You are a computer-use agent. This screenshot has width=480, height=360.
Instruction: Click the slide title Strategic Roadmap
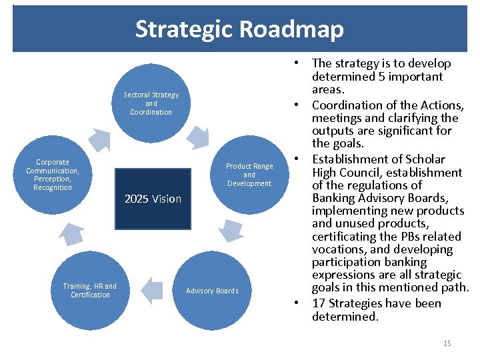click(x=239, y=29)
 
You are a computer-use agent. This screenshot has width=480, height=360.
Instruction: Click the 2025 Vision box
click(x=153, y=199)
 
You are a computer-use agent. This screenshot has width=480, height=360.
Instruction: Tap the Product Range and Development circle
click(x=249, y=175)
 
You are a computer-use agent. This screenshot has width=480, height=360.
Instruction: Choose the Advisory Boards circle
click(x=212, y=291)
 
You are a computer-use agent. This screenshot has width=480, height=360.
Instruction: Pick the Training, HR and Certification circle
click(x=90, y=291)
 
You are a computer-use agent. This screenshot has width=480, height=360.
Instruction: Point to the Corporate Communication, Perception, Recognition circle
click(x=53, y=175)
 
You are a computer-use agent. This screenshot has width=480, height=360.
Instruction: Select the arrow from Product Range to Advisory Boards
click(x=230, y=230)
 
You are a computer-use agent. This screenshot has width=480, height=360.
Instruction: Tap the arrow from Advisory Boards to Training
click(x=153, y=289)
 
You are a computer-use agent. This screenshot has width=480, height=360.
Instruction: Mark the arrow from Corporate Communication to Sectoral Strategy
click(x=101, y=138)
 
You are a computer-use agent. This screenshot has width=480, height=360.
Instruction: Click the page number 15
click(x=447, y=343)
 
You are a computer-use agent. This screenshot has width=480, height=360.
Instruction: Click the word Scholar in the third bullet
click(x=424, y=159)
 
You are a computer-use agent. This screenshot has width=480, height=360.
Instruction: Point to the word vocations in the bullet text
click(x=337, y=249)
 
